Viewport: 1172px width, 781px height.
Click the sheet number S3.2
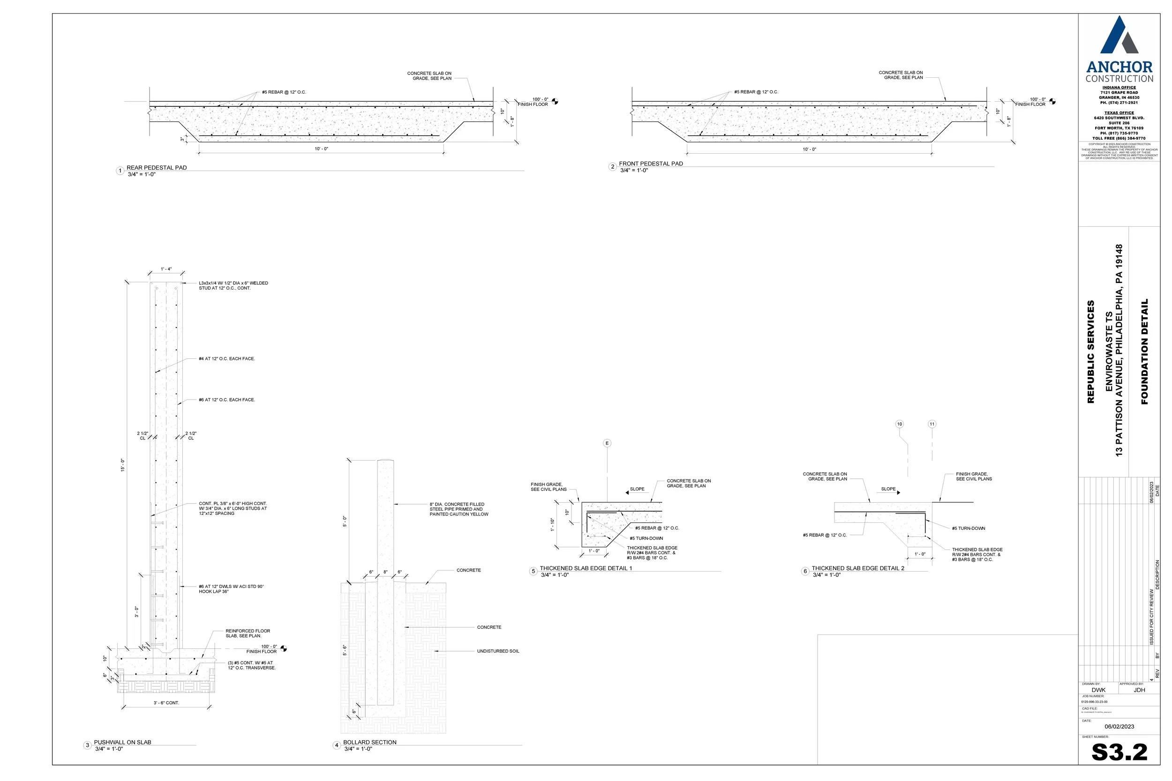(1119, 752)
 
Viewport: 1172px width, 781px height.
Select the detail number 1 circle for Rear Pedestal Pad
(120, 171)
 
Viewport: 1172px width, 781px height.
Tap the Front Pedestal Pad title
(650, 164)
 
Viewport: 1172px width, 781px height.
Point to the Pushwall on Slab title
(122, 742)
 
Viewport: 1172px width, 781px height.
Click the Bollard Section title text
(370, 742)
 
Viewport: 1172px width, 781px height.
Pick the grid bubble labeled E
(607, 443)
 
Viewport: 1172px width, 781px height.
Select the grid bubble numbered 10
(900, 424)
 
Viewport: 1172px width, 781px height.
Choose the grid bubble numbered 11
(932, 424)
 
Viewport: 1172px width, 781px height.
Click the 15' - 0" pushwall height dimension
(122, 465)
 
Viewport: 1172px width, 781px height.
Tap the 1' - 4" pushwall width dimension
(166, 269)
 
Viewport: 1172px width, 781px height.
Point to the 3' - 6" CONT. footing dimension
(166, 703)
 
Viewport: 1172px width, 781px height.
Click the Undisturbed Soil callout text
(498, 651)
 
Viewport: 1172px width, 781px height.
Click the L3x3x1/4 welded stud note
(233, 285)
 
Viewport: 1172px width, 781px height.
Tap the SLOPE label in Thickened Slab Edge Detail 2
(888, 489)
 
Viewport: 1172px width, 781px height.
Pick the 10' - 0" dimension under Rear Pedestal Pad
(322, 149)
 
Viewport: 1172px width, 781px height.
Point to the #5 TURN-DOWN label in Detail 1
(646, 538)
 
